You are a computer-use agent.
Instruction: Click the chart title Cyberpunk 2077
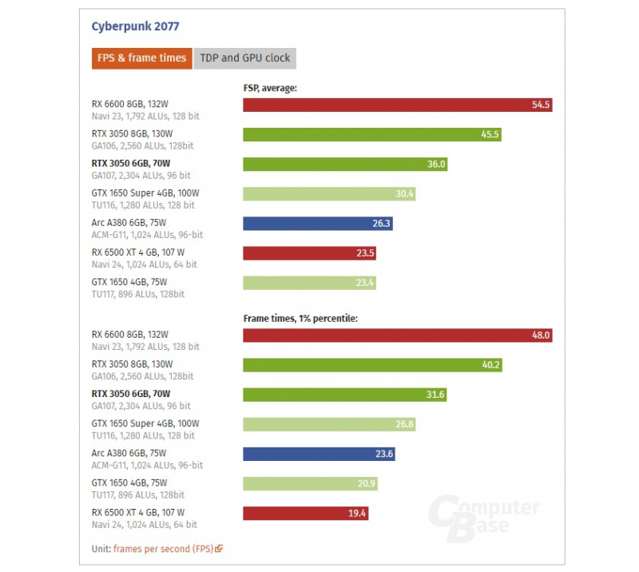136,26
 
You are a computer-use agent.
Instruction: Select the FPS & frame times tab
142,58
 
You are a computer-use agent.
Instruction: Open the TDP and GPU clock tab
245,58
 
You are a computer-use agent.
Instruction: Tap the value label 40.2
490,365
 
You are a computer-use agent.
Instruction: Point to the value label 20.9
367,483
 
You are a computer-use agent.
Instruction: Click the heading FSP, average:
270,88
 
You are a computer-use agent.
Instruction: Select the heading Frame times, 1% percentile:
300,318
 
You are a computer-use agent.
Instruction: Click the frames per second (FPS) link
164,548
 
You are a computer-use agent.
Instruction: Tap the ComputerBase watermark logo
483,519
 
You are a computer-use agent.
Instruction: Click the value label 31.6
435,395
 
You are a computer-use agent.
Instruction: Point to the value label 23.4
364,283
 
